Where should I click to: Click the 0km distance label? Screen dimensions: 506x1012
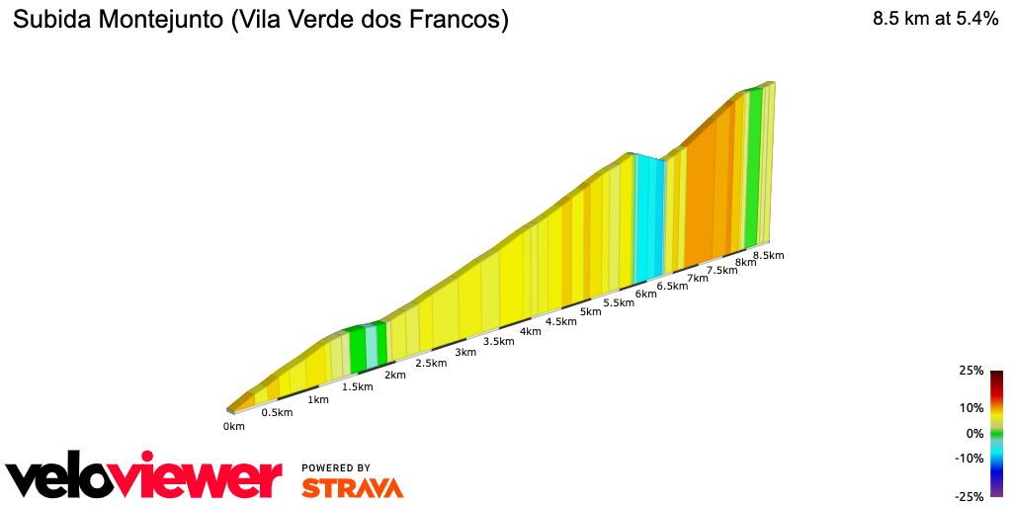click(x=233, y=427)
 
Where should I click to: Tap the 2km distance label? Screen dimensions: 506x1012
click(x=395, y=375)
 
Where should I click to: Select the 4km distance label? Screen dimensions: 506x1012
click(x=531, y=331)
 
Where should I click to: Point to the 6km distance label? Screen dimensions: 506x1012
click(x=646, y=295)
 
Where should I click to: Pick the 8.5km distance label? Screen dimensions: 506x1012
click(x=768, y=256)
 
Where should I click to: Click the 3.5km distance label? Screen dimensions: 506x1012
click(x=499, y=342)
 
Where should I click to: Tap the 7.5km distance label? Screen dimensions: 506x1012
click(x=721, y=270)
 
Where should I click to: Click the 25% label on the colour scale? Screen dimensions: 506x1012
click(x=970, y=371)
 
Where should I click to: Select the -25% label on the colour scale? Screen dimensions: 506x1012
click(x=969, y=497)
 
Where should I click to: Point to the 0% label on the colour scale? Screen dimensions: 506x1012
click(x=974, y=434)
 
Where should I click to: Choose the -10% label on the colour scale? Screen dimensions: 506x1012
click(x=969, y=459)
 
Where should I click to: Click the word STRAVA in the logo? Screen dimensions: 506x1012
click(x=352, y=488)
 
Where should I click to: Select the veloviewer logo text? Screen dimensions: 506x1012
click(x=144, y=478)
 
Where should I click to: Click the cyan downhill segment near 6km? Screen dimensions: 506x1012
click(x=647, y=217)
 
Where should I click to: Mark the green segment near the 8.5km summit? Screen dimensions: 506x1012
click(x=754, y=168)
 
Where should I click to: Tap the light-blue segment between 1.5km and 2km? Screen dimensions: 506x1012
click(x=372, y=345)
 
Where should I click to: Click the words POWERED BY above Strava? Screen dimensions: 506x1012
click(x=336, y=468)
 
